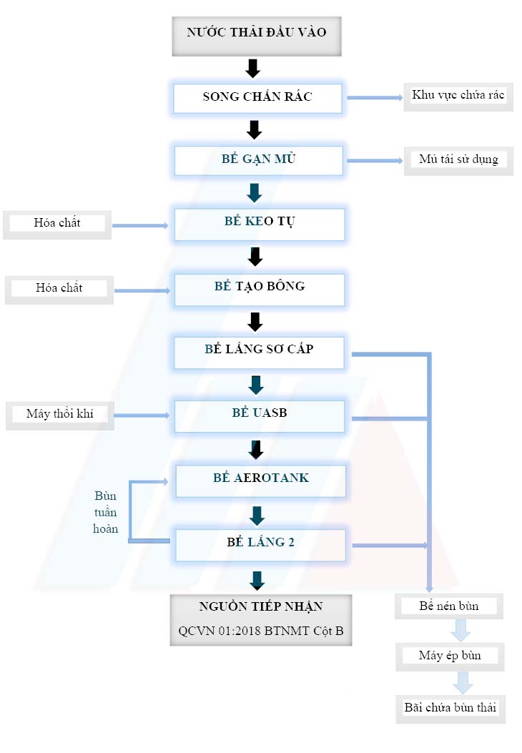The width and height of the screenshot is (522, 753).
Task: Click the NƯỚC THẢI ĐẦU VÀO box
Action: (x=257, y=34)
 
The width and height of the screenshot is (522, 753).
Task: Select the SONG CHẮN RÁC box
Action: (x=257, y=97)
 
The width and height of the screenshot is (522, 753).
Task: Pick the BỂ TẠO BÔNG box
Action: (x=260, y=287)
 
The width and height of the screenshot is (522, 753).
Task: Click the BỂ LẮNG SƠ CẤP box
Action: (x=259, y=350)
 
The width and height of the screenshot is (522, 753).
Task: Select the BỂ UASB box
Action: (x=260, y=413)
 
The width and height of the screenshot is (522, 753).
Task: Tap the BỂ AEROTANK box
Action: (x=260, y=478)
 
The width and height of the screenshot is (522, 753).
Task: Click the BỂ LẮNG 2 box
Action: (x=260, y=543)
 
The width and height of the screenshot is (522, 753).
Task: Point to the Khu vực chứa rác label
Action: (x=458, y=97)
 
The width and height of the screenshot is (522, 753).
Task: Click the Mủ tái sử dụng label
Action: (x=458, y=159)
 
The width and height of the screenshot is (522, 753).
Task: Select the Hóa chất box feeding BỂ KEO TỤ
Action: (x=57, y=223)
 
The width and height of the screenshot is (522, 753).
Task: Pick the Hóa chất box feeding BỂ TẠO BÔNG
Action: (x=59, y=288)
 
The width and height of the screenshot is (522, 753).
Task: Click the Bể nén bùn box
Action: (x=449, y=606)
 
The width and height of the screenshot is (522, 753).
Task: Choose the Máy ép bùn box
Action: (x=450, y=656)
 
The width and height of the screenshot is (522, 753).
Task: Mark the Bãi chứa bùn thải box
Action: (x=450, y=707)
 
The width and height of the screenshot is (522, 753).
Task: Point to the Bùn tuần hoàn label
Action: (x=105, y=512)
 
